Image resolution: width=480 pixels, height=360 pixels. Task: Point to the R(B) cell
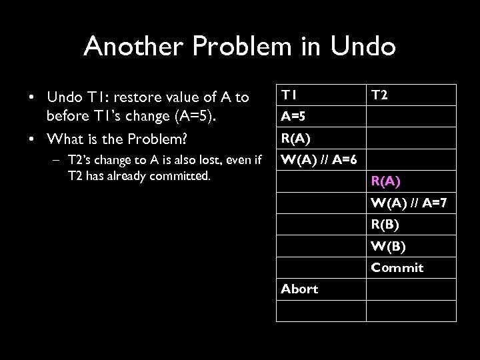coord(385,225)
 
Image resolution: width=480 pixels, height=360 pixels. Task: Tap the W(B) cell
coord(387,246)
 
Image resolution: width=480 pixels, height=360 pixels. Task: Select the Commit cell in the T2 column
coord(397,267)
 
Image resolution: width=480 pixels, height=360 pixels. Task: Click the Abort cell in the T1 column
coord(299,289)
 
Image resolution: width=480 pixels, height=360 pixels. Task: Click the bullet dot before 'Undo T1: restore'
coord(32,98)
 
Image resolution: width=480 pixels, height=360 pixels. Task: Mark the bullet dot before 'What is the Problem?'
coord(32,141)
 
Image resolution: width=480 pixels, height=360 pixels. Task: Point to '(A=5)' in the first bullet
coord(201,116)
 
